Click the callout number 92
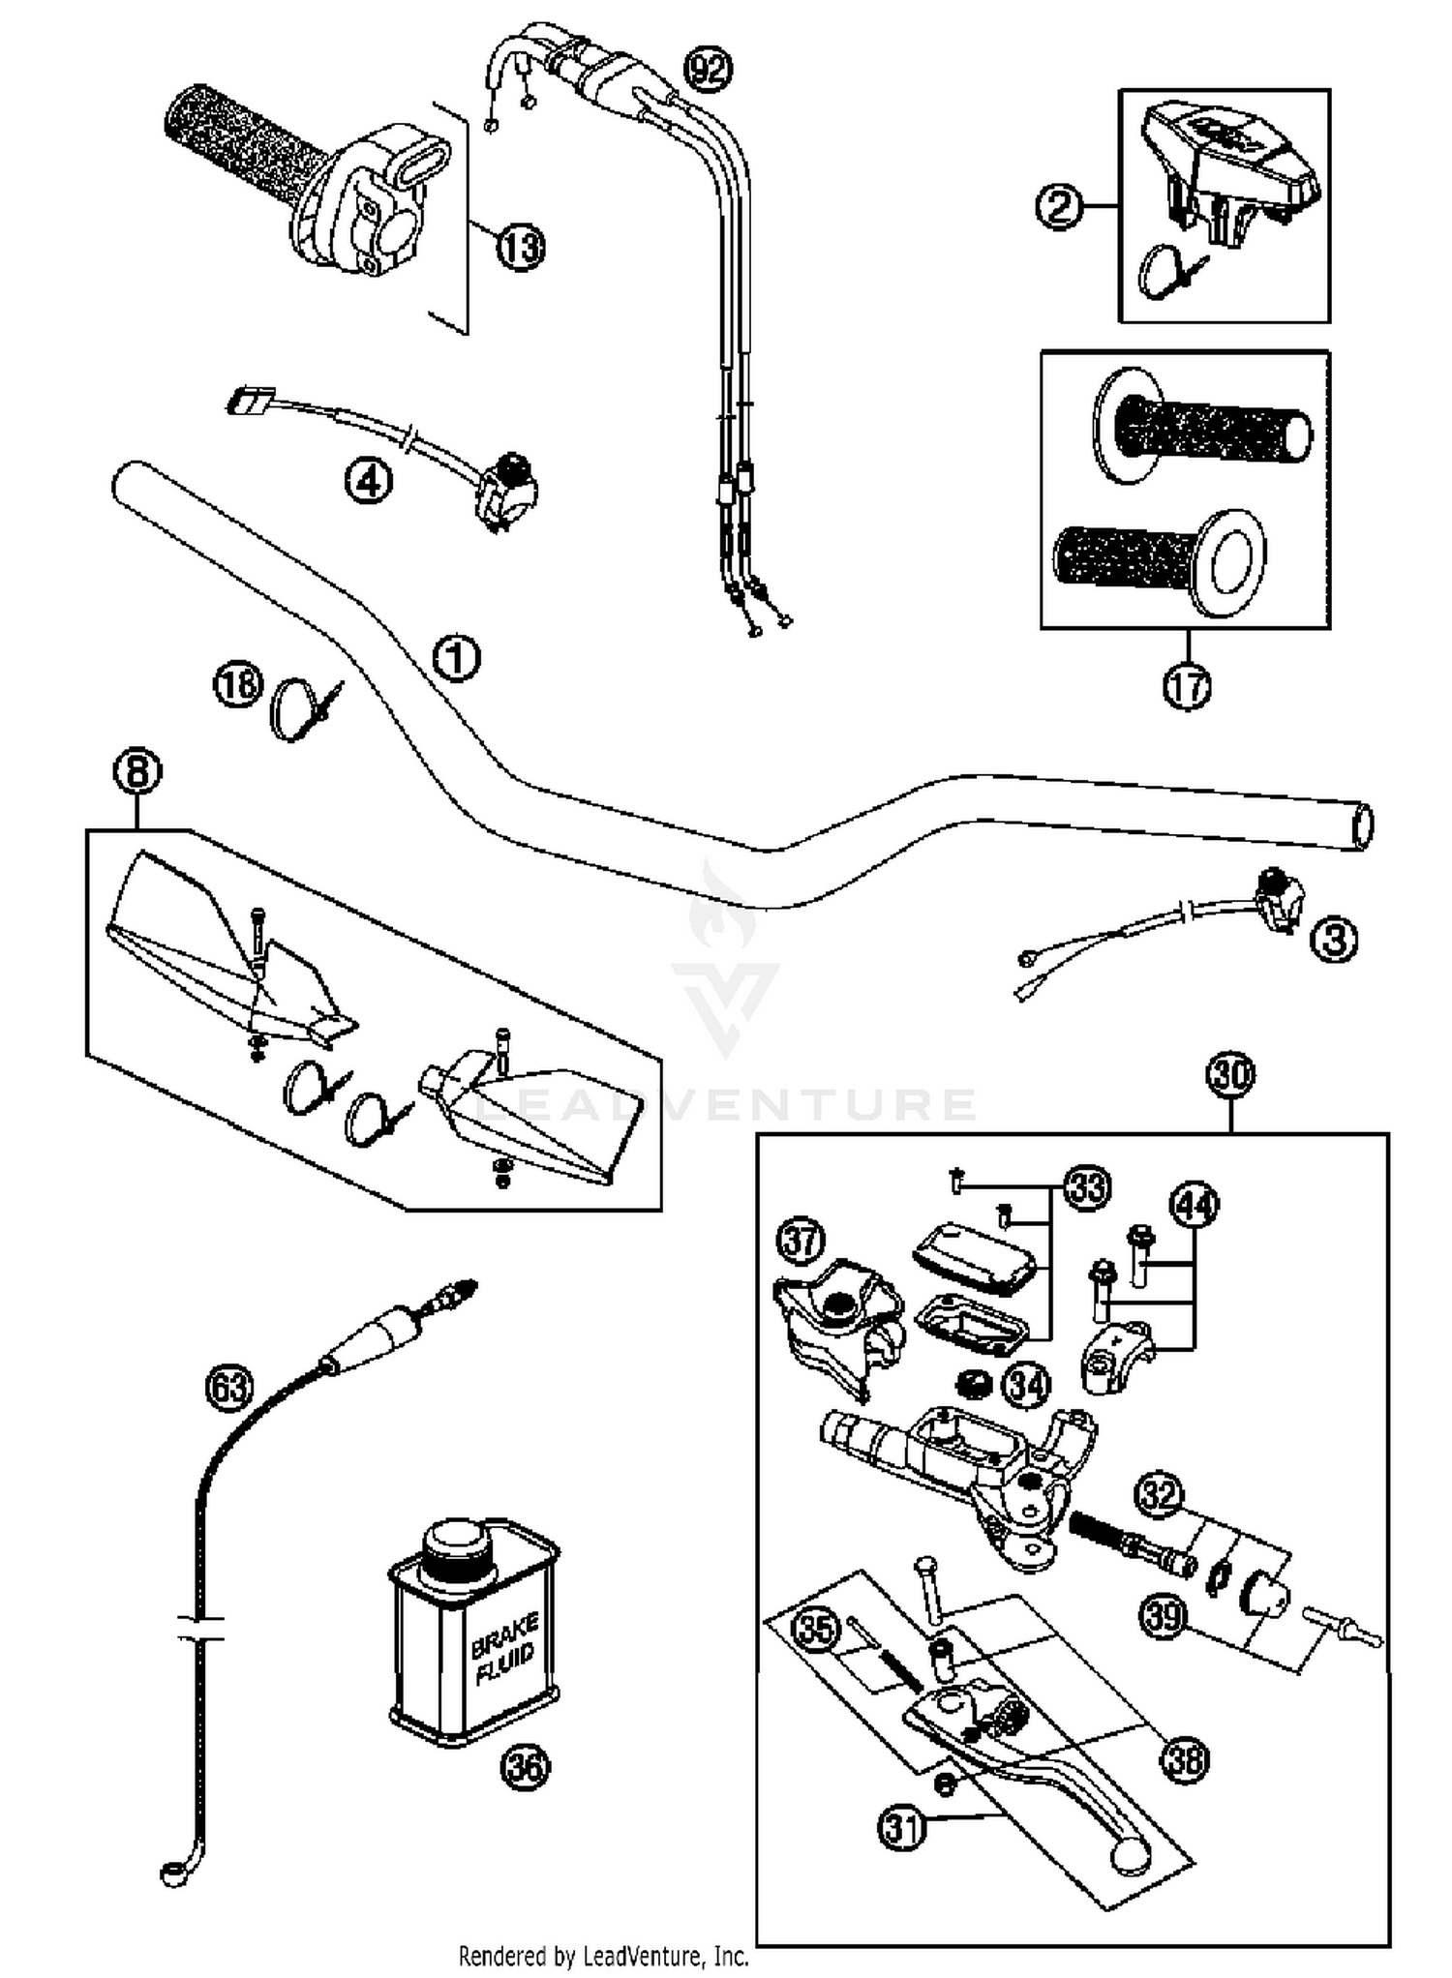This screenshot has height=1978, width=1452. pos(708,71)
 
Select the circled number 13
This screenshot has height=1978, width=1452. pos(521,247)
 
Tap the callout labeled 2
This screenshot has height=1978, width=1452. pos(1059,205)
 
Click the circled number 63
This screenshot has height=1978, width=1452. pos(229,1389)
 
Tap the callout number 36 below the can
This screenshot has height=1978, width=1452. pos(525,1768)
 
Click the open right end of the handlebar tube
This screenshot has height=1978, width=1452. pos(1362,826)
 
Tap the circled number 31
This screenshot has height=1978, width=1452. pos(901,1829)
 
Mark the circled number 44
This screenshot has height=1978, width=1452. pos(1195,1205)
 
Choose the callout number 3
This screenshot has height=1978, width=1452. pos(1334,939)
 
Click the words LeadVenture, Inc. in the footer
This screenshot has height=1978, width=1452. pos(665,1957)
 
